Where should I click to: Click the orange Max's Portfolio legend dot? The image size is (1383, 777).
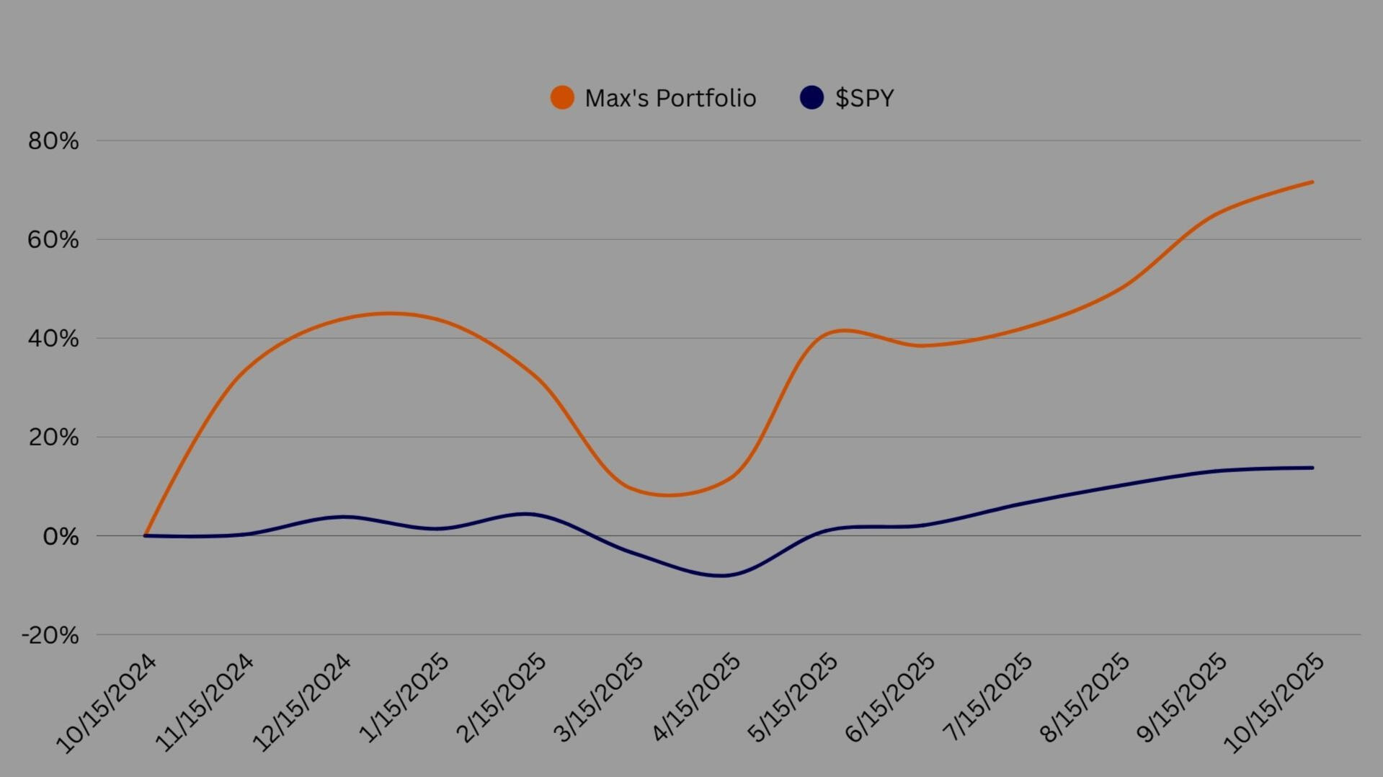[562, 97]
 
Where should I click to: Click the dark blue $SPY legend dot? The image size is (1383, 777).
[811, 97]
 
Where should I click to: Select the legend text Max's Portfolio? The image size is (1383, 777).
[670, 98]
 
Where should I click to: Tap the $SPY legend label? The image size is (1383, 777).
[864, 98]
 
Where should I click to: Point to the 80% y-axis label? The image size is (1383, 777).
[53, 141]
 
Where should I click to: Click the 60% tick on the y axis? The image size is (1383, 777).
[53, 240]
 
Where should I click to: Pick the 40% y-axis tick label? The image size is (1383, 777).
[53, 339]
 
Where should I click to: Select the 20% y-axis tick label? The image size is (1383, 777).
[53, 438]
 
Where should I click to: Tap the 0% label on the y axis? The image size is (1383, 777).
[61, 536]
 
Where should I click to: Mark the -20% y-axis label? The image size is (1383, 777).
[50, 635]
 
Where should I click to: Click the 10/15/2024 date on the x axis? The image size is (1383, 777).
[106, 703]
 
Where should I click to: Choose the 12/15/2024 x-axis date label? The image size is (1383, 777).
[301, 703]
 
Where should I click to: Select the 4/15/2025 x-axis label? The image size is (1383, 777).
[695, 698]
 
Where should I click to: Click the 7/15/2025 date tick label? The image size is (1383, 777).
[987, 698]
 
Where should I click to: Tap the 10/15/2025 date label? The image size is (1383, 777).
[1274, 703]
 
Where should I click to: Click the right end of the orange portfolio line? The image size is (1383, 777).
[1312, 182]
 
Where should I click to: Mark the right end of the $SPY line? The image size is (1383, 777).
[1312, 468]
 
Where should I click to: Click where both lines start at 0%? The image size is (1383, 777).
[146, 536]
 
